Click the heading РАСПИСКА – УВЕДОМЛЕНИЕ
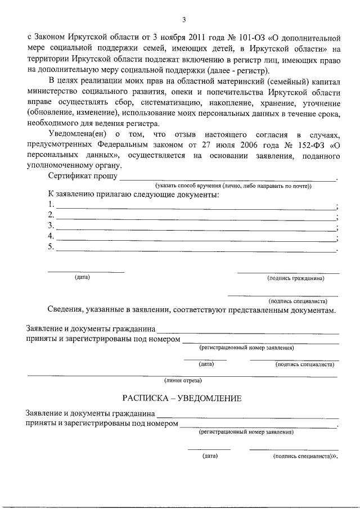182,398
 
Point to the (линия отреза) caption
182,381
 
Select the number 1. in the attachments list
52,205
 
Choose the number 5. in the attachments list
52,247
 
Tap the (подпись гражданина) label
296,278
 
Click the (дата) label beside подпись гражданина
82,277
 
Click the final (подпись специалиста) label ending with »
305,457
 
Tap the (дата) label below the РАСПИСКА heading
210,456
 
